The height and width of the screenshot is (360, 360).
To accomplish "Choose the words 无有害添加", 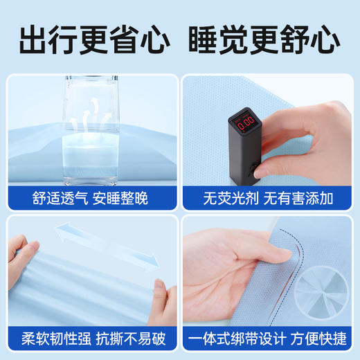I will pos(298,198).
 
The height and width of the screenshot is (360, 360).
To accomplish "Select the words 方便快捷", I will pos(316,340).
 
